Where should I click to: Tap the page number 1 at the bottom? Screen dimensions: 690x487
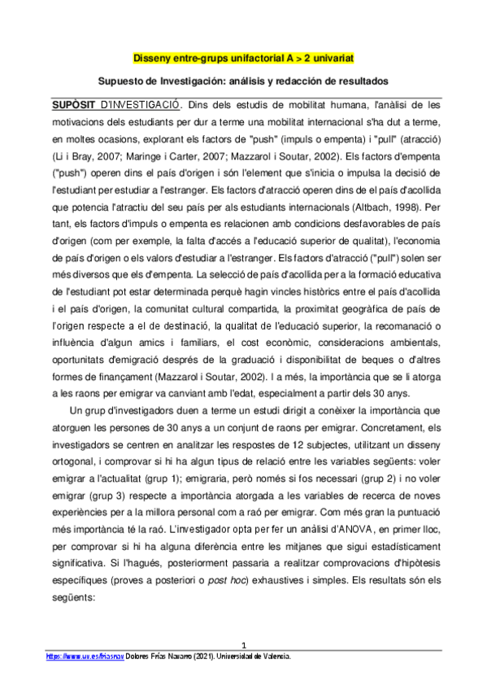click(x=243, y=644)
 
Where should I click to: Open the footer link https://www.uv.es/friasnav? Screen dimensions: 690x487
click(x=77, y=655)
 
